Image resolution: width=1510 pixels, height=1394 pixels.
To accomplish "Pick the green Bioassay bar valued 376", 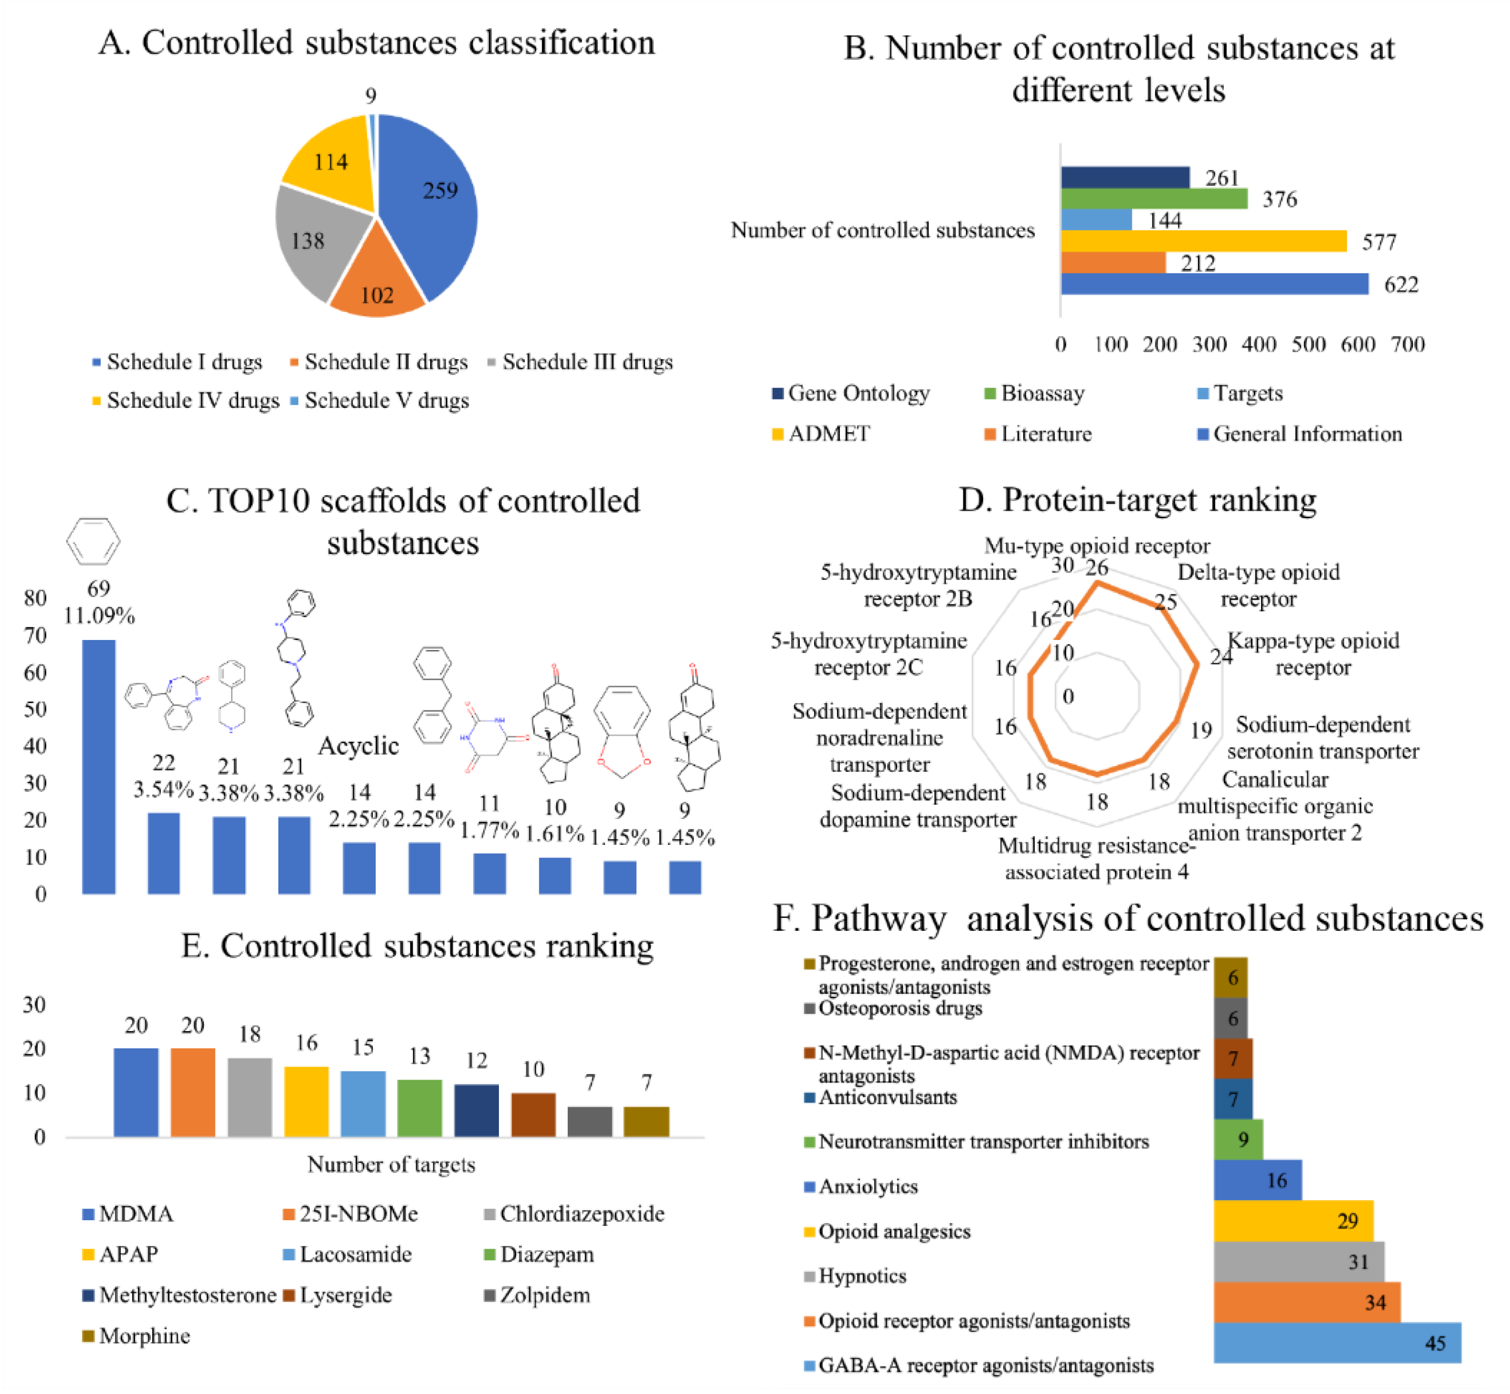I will point(1154,198).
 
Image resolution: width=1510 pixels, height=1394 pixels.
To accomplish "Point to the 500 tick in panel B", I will point(1308,345).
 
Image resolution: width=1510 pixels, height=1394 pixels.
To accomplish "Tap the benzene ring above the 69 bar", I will point(93,541).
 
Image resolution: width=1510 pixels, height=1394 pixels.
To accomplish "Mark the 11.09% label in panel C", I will point(99,616).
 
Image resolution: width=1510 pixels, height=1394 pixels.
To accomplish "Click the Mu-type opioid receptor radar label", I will point(1097,546).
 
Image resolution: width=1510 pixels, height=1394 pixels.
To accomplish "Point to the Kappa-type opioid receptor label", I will point(1313,654).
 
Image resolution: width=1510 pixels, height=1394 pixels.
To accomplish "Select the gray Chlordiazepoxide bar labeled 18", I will point(250,1097).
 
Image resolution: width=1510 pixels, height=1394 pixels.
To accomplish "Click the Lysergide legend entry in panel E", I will point(346,1295).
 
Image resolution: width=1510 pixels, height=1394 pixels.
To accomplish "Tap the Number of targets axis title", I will point(391,1165).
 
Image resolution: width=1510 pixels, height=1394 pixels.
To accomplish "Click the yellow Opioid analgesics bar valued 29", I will point(1293,1221).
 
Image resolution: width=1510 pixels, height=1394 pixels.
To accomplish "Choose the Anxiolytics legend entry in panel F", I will point(868,1187).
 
